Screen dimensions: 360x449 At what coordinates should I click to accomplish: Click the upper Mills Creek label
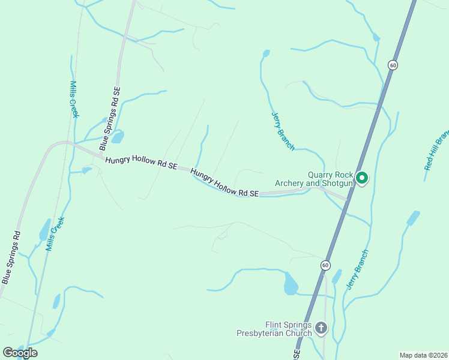[74, 100]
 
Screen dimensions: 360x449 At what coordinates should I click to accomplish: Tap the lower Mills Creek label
[55, 233]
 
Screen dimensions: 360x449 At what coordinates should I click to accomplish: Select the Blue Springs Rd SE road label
[112, 119]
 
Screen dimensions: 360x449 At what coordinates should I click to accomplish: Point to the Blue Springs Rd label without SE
[11, 257]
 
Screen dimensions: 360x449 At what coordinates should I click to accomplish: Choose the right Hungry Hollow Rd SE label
[224, 183]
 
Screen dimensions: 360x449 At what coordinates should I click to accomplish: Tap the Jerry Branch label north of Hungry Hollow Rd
[283, 130]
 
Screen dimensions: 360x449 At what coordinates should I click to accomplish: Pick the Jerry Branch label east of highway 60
[357, 269]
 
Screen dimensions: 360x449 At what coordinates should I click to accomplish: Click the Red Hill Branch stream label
[436, 149]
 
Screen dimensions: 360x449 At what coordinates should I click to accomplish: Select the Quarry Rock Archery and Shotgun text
[314, 179]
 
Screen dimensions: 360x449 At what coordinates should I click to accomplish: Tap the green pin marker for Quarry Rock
[362, 178]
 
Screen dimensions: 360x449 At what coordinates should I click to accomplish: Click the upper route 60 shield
[392, 65]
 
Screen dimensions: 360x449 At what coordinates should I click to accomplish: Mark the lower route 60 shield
[325, 265]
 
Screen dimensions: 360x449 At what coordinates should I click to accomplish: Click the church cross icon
[321, 328]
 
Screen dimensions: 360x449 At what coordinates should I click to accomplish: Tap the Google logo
[20, 353]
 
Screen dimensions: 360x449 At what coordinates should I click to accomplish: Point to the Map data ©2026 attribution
[423, 355]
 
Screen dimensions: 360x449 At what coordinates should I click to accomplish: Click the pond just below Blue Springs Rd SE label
[118, 137]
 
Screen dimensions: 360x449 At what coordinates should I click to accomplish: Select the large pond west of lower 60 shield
[291, 284]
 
